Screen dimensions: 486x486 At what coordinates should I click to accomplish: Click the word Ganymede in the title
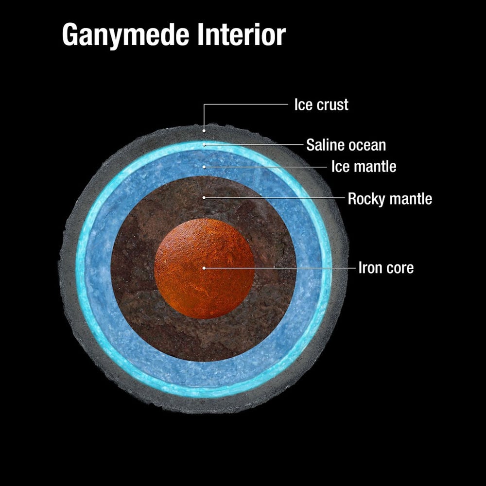coord(126,35)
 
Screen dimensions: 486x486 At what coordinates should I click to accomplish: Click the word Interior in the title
coord(242,35)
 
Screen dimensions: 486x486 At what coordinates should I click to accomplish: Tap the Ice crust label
coord(321,104)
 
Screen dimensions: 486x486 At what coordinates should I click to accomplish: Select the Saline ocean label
coord(346,145)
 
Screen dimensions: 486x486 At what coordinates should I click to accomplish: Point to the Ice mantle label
coord(364,166)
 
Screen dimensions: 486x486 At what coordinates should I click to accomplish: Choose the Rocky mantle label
coord(390,199)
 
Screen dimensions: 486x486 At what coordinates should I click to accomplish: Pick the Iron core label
coord(386,268)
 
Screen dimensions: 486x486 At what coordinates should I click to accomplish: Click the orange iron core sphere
coord(204,268)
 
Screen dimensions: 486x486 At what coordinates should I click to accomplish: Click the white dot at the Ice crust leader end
coord(204,131)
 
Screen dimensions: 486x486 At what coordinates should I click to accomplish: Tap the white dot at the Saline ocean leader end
coord(204,144)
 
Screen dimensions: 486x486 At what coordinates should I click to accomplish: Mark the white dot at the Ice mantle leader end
coord(204,167)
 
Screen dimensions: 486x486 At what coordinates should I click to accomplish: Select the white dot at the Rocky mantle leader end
coord(204,197)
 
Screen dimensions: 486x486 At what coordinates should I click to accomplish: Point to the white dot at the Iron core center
coord(204,268)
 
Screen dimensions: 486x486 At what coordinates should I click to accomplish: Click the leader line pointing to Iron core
coord(280,268)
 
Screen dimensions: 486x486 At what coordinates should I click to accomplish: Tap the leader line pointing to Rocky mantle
coord(274,197)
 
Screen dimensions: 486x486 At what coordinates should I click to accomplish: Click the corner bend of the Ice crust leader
coord(204,104)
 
